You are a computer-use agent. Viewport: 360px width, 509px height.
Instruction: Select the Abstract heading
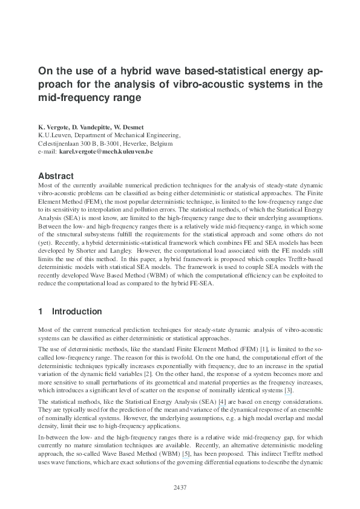pyautogui.click(x=56, y=176)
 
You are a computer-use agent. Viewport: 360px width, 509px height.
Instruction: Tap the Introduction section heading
pyautogui.click(x=77, y=312)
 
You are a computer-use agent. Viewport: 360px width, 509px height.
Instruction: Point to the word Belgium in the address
pyautogui.click(x=160, y=144)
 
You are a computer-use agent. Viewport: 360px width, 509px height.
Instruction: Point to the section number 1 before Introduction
pyautogui.click(x=40, y=312)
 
